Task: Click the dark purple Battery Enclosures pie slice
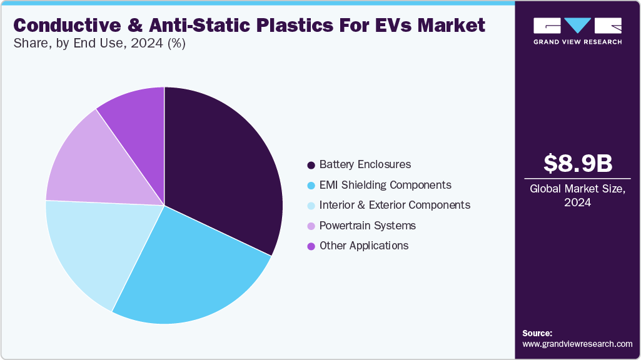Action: point(219,169)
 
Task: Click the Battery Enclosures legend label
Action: point(365,164)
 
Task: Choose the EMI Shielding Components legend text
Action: point(385,185)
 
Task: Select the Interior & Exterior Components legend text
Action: point(395,205)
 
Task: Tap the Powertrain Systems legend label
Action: point(367,226)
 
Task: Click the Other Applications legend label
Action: point(363,246)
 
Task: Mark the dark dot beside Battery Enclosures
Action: point(311,165)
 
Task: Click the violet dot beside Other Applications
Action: point(311,246)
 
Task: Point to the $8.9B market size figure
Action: point(577,163)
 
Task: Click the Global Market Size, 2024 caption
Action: point(577,196)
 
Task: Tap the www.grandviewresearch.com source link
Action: point(577,344)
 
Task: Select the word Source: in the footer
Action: point(537,333)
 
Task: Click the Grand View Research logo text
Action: point(577,42)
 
